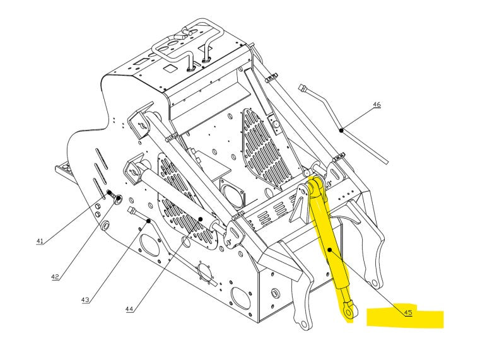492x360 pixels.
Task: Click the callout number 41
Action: (40, 241)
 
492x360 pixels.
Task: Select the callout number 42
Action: (55, 277)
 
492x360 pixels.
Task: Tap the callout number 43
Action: (85, 300)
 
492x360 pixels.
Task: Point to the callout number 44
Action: (129, 309)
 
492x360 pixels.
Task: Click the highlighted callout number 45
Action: (408, 312)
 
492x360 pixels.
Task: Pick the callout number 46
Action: (377, 104)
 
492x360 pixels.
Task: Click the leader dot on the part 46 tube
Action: (341, 130)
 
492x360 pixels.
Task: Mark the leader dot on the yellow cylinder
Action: (330, 250)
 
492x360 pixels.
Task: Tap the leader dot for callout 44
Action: (201, 219)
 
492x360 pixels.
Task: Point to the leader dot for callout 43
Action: (149, 221)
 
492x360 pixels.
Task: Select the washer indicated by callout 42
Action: (118, 199)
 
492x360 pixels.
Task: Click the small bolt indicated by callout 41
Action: (110, 193)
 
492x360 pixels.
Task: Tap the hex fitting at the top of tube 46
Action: (303, 88)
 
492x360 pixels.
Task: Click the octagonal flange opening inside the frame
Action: (231, 194)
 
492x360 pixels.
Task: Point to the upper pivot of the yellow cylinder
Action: (315, 185)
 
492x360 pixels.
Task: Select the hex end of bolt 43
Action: (131, 210)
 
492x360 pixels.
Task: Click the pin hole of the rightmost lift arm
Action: (374, 283)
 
